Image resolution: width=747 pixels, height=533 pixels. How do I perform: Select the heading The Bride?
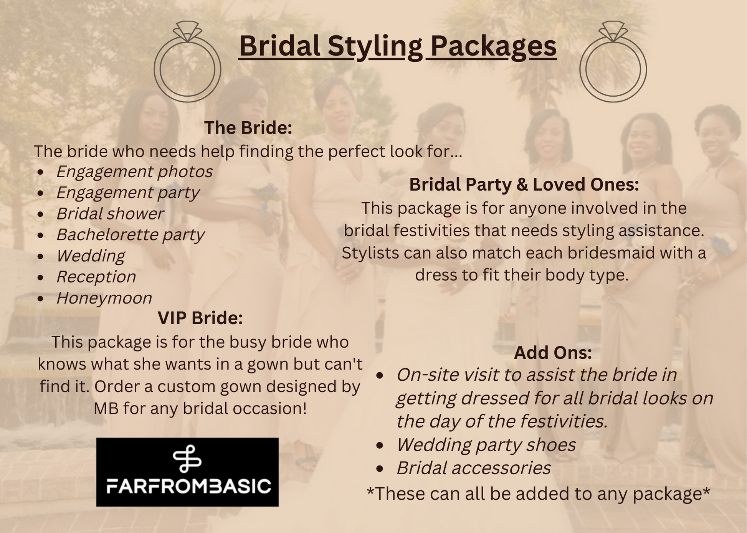point(248,127)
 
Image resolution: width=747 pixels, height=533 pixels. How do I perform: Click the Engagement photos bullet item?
point(134,172)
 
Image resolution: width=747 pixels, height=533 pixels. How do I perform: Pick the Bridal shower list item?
point(110,214)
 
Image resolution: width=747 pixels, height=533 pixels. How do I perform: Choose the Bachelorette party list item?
point(131,235)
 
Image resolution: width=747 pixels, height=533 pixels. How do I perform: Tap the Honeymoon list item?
point(104,298)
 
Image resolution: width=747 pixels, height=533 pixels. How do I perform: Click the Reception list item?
point(96,277)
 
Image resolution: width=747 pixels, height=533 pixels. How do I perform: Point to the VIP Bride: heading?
point(200,318)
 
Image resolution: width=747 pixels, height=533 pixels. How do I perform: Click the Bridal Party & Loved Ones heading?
point(524,184)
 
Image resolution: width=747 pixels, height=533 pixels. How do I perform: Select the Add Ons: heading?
point(553,353)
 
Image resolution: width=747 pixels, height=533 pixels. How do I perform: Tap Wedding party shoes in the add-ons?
point(486,445)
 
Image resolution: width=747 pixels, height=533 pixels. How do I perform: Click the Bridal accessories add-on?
point(474,468)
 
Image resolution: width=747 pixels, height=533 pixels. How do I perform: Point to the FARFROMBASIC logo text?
point(188,486)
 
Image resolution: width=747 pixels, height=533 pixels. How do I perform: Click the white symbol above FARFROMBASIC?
point(187,459)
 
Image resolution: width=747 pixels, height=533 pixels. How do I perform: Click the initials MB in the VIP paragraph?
point(106,408)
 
